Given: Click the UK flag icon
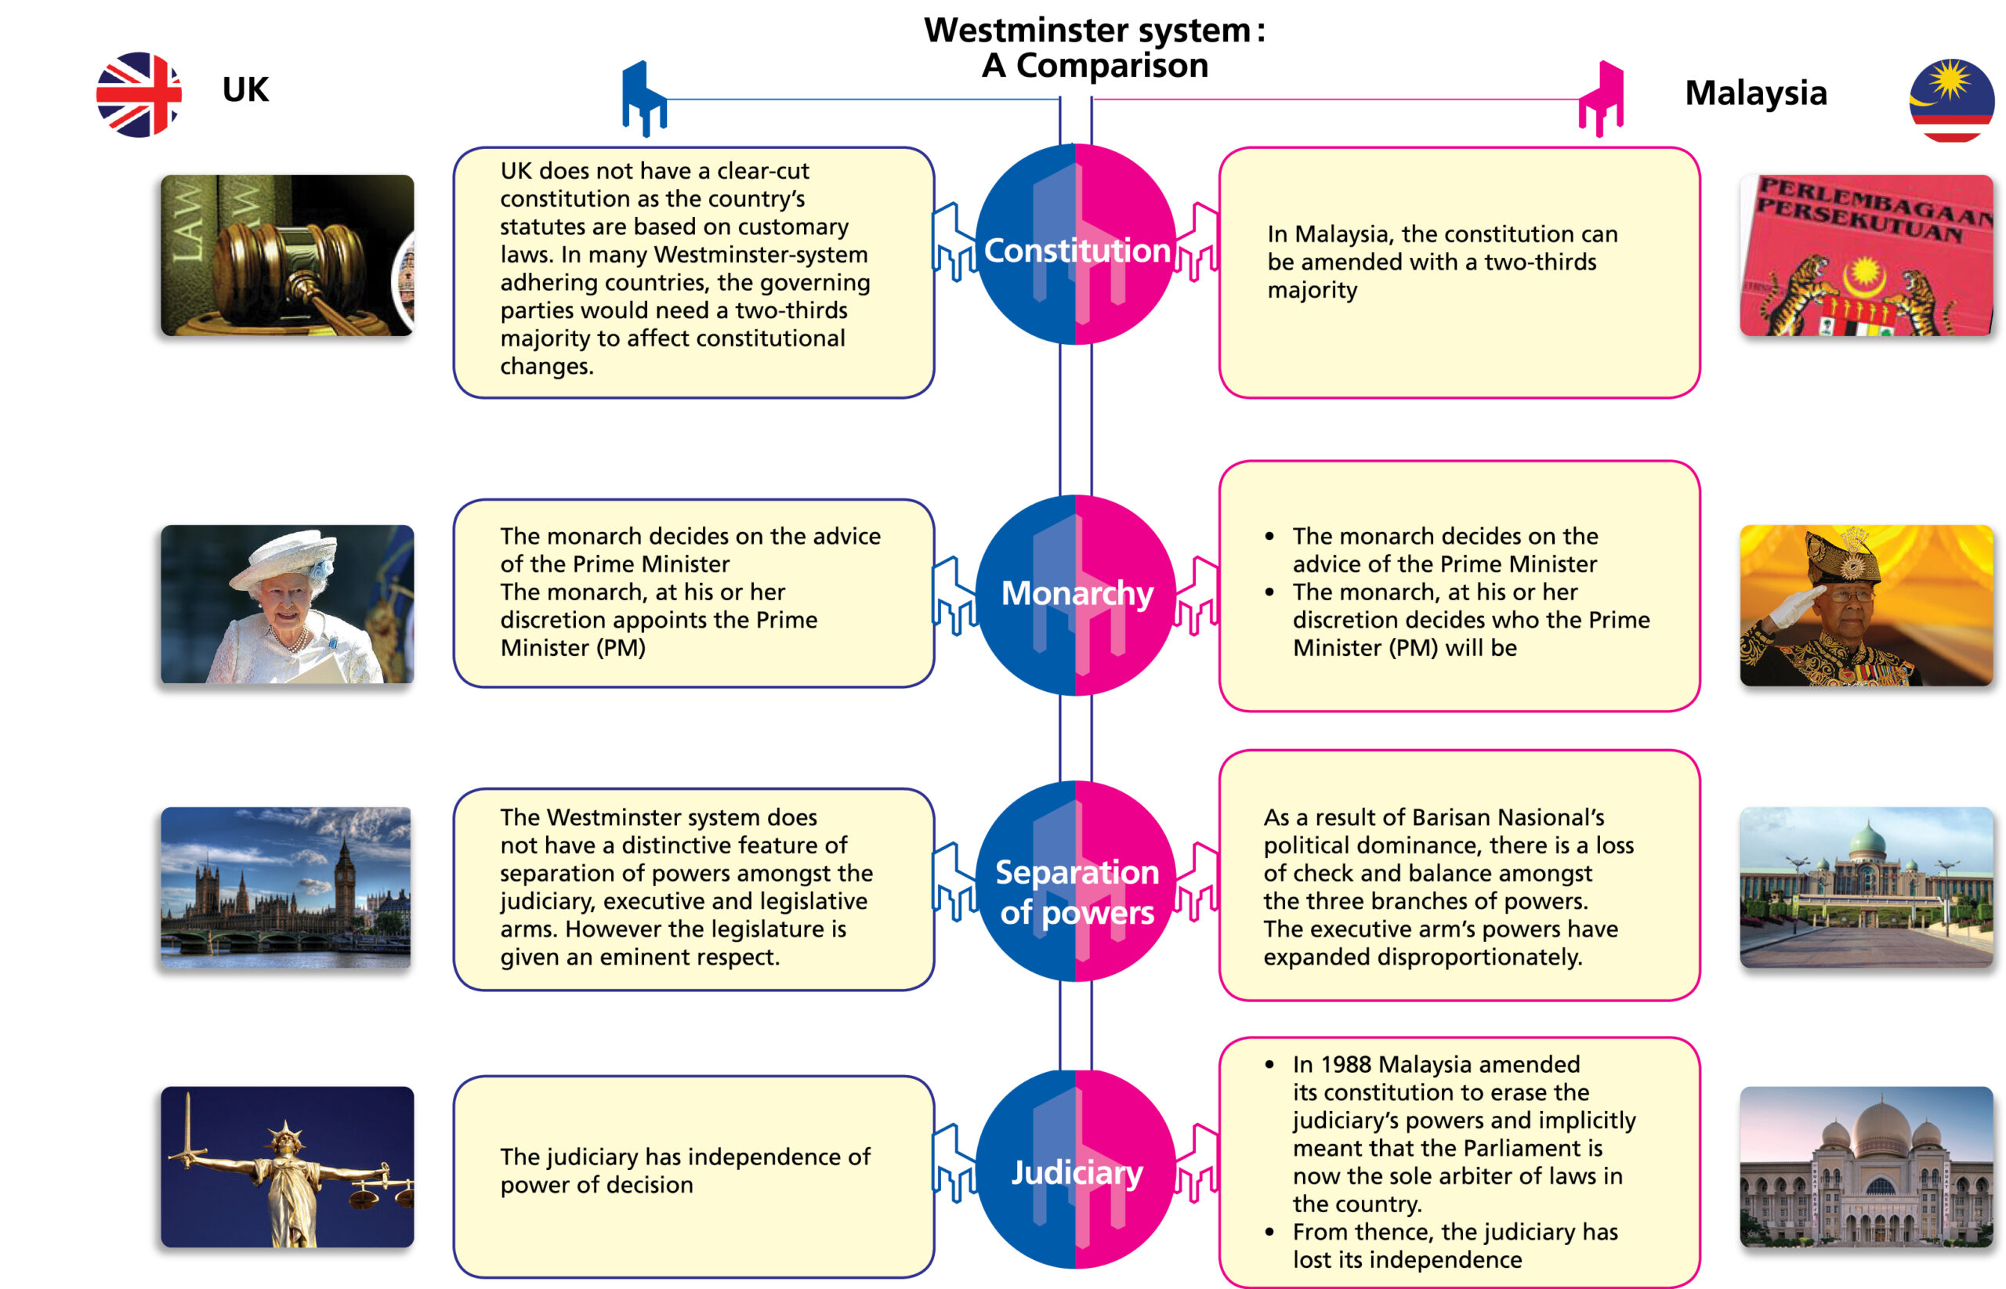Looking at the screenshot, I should (138, 95).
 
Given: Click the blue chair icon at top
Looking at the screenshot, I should (643, 99).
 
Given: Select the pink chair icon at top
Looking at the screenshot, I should (1601, 99).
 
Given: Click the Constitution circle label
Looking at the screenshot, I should (1076, 250).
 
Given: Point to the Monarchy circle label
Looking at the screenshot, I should (1076, 593).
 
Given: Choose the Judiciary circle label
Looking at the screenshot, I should (1076, 1173).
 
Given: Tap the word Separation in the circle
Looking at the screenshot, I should (1076, 872).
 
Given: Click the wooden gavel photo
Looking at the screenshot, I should (287, 255).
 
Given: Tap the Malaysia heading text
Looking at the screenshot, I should (1755, 93).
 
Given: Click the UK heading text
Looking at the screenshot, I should (245, 89).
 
